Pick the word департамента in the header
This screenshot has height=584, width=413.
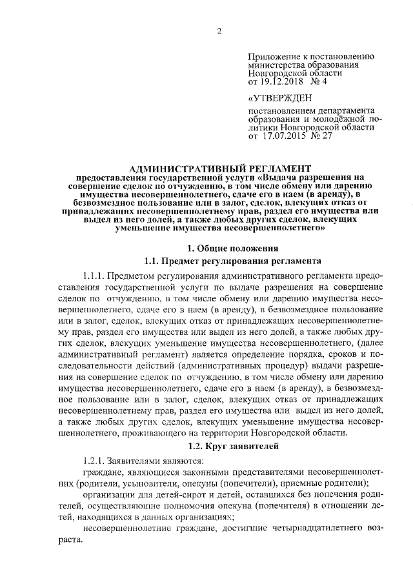pos(341,110)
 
